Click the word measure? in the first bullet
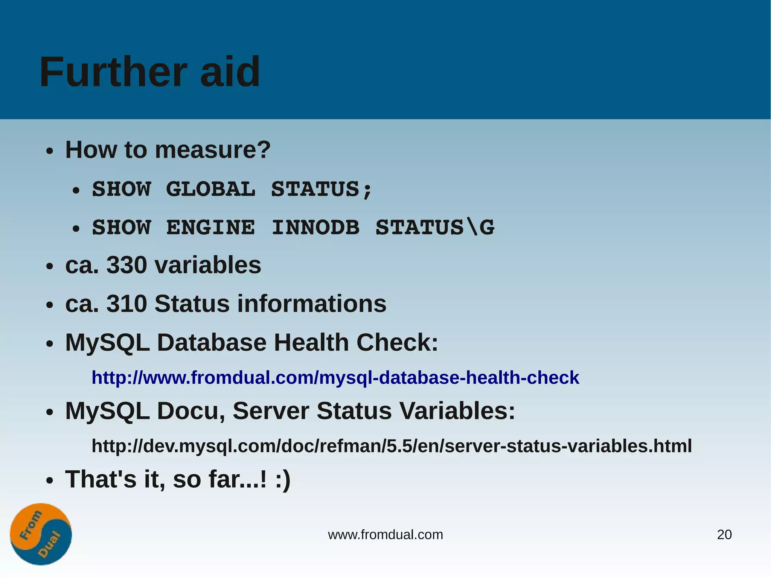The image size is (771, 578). (213, 150)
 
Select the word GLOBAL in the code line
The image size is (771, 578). (210, 189)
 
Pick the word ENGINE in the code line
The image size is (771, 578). (210, 228)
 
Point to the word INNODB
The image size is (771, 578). (315, 228)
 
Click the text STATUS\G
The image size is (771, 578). (435, 228)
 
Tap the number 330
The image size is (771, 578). (127, 265)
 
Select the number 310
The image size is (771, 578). (127, 303)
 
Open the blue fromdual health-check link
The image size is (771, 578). (335, 378)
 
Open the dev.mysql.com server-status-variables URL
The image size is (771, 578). (392, 446)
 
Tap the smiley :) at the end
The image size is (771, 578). (283, 480)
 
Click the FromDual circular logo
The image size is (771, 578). (41, 534)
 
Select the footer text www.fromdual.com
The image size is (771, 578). (385, 535)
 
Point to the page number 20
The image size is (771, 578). (724, 535)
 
